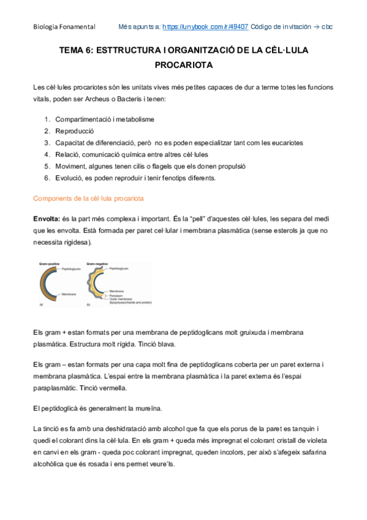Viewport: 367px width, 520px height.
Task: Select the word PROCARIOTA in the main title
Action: point(183,64)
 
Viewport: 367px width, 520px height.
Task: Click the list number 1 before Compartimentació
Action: point(47,119)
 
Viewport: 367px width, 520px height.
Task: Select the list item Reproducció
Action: point(74,131)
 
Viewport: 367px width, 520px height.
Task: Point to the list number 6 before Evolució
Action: point(47,178)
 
